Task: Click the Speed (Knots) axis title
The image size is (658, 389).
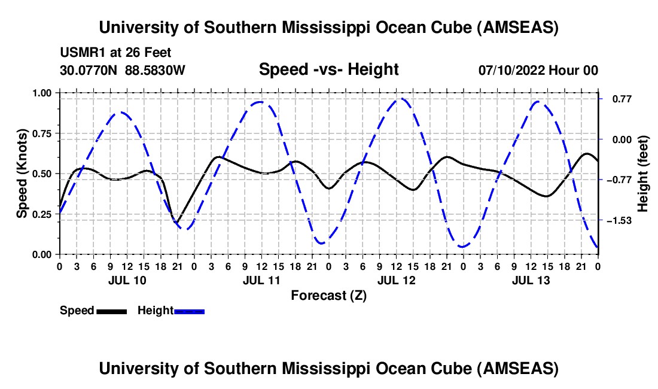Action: [x=22, y=174]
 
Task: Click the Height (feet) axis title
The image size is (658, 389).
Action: [x=643, y=174]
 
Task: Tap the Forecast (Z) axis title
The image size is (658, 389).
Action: [x=328, y=295]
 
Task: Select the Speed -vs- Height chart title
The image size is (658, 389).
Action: [x=328, y=70]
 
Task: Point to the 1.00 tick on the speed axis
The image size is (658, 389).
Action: [x=42, y=93]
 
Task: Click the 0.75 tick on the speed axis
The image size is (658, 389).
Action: [x=42, y=133]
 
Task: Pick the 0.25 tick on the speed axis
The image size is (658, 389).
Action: [x=42, y=214]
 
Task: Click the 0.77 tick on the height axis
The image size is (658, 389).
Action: [x=616, y=99]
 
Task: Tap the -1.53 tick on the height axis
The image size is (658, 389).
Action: [x=618, y=221]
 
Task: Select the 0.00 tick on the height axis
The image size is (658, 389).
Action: [x=616, y=139]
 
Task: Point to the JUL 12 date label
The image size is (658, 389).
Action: [x=396, y=280]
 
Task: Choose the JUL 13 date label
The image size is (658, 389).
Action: [x=531, y=280]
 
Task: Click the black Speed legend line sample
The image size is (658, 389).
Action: [x=111, y=311]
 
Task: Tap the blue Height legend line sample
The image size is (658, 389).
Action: [x=189, y=311]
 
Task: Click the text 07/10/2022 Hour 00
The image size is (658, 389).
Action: [x=538, y=71]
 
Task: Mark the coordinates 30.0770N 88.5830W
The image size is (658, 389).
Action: [x=123, y=71]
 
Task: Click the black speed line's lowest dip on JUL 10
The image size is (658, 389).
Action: [x=177, y=223]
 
